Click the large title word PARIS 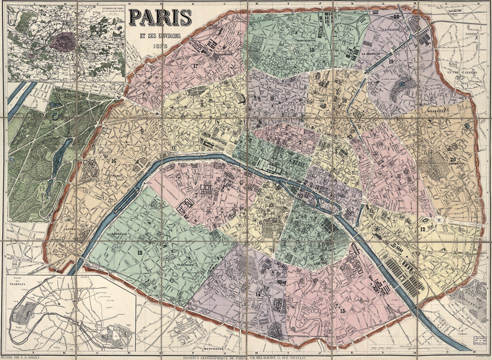[x=160, y=17]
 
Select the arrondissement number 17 [x=195, y=66]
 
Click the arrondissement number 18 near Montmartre [x=311, y=50]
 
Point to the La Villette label [x=390, y=30]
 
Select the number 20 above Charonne [x=452, y=158]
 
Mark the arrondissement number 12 [x=422, y=229]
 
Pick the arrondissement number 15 [x=140, y=252]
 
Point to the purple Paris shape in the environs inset [x=62, y=42]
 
